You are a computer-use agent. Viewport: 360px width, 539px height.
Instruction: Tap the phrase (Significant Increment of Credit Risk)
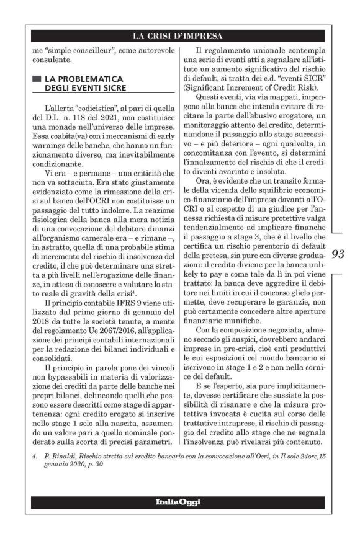(x=245, y=91)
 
